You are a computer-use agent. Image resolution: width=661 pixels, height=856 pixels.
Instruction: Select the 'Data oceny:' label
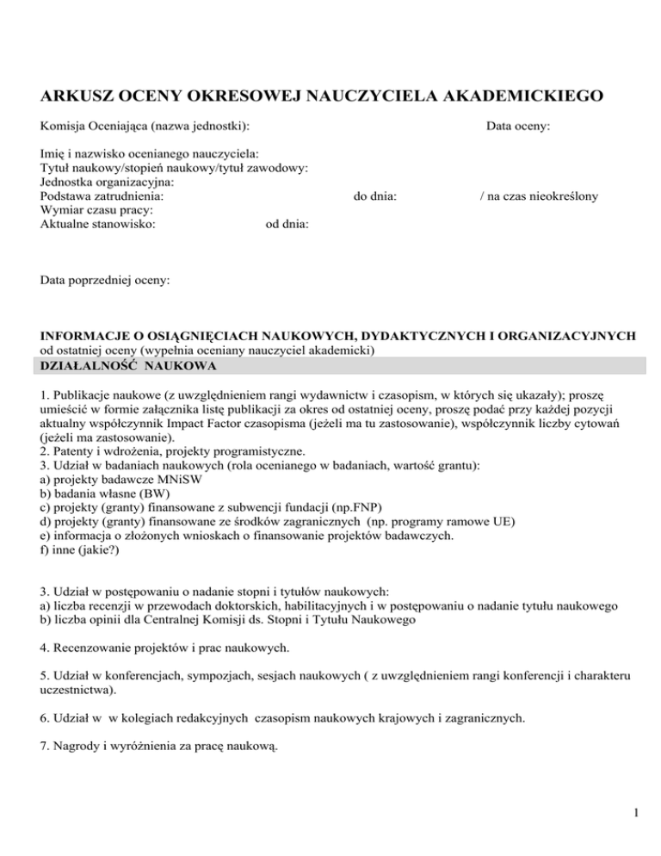[518, 127]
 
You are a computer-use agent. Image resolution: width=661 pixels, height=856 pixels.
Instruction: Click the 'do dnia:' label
[375, 196]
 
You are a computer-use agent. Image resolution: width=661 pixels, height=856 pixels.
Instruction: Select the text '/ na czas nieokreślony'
[539, 196]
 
